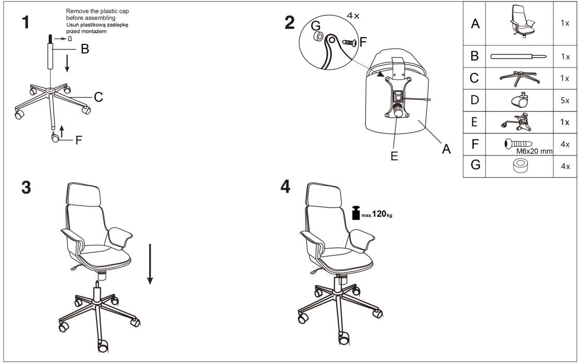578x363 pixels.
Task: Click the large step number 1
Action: point(25,22)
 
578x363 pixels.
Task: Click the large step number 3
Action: point(26,187)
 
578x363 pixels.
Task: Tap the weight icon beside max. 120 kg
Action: point(356,213)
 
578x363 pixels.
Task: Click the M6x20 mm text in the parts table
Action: point(534,151)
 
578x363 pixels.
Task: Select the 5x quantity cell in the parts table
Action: point(565,100)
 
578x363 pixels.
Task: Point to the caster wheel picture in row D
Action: point(520,100)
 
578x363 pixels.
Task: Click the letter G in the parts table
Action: point(475,165)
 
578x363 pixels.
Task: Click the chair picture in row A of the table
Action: point(522,21)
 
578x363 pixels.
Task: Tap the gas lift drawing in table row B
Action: point(518,56)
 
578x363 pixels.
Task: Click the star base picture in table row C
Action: point(520,78)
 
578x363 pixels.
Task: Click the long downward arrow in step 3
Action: point(150,264)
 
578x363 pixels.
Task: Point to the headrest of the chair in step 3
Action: point(83,195)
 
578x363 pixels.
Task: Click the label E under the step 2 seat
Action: point(394,156)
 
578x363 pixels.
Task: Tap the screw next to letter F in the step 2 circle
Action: point(349,43)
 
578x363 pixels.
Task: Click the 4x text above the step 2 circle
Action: point(353,15)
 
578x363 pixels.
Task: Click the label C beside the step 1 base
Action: point(99,97)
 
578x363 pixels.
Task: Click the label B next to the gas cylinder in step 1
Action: point(85,49)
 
